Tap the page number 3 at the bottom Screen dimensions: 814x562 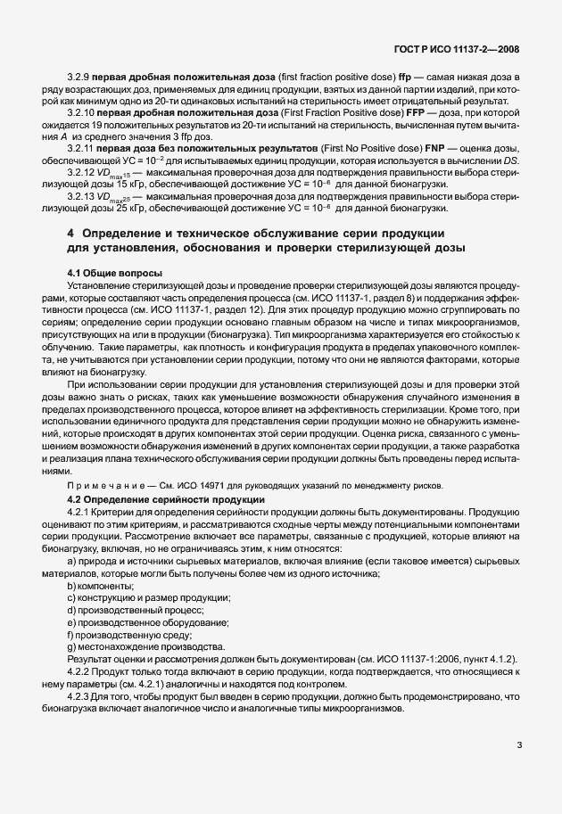tap(517, 745)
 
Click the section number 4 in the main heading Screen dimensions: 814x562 tap(71, 233)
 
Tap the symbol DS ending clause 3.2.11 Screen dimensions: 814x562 tap(509, 155)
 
